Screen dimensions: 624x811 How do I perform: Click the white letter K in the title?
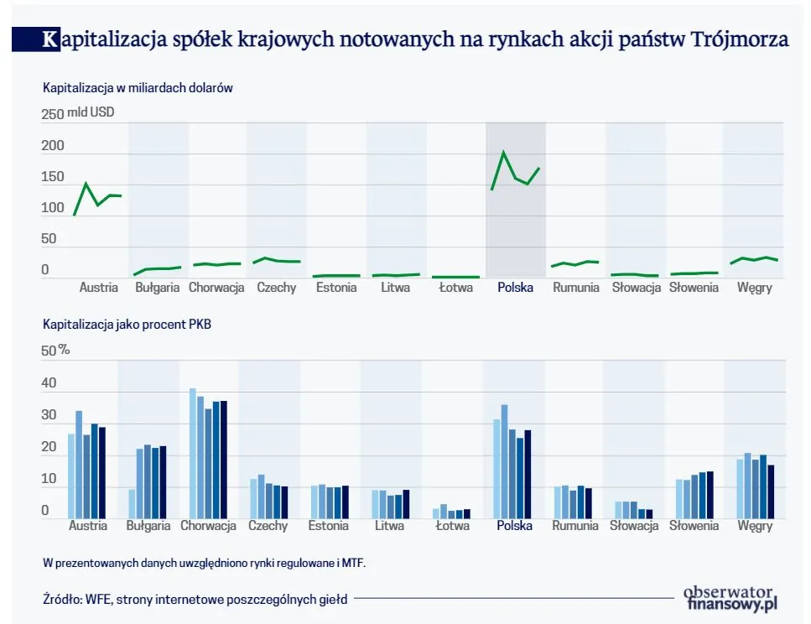pos(51,40)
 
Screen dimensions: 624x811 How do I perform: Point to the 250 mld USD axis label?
pos(78,113)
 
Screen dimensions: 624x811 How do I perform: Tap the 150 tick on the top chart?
pos(52,177)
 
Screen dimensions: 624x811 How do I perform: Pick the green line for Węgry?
pos(754,259)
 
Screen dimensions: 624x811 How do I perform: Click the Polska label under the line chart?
pos(515,288)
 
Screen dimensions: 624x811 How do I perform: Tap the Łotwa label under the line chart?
pos(455,288)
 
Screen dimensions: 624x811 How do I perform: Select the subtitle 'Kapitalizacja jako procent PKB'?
pos(127,324)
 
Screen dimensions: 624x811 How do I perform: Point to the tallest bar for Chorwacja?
pos(193,453)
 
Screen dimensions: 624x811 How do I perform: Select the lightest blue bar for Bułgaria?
pos(132,503)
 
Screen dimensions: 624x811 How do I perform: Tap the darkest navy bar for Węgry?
pos(771,491)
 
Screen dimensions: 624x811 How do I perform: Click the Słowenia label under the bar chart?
pos(694,526)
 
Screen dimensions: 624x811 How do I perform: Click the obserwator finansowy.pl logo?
pos(731,597)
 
